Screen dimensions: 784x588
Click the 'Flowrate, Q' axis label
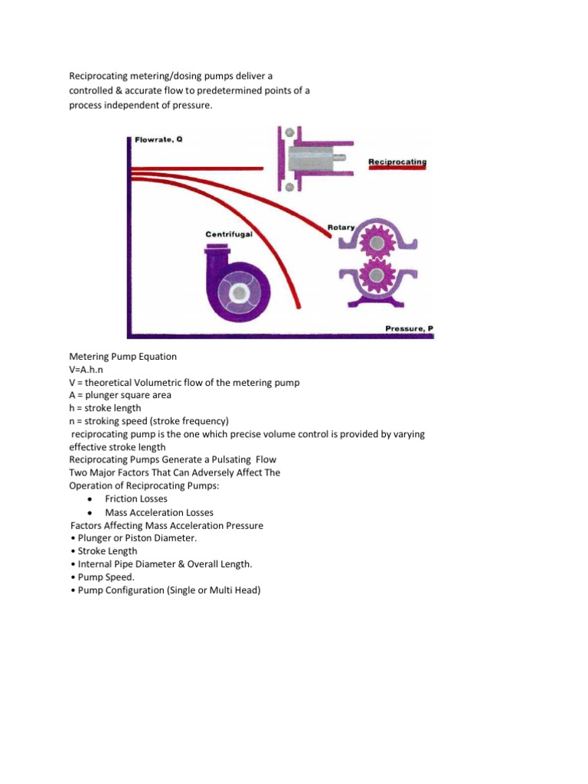tap(158, 140)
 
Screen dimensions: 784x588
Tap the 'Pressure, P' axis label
tap(408, 328)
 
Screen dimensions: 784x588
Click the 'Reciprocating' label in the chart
tap(397, 162)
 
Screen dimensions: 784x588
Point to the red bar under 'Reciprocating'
tap(397, 172)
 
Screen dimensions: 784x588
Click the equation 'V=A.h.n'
tap(90, 369)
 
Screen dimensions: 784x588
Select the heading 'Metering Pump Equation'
tap(122, 356)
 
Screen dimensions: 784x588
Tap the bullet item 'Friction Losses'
tap(136, 499)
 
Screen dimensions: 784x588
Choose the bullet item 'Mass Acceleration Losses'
tap(159, 512)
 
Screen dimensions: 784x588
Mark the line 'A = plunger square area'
tap(120, 395)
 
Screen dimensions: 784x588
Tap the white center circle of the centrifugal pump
tap(240, 293)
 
